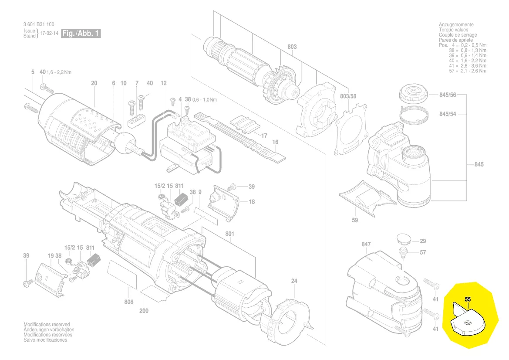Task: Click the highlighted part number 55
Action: tap(468, 299)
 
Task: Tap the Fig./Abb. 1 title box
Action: tap(81, 34)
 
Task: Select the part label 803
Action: tap(292, 47)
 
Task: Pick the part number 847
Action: tap(366, 244)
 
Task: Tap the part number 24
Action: tap(294, 281)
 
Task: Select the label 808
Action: tap(128, 302)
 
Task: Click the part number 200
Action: tap(144, 311)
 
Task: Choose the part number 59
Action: tap(355, 220)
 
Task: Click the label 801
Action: tap(230, 234)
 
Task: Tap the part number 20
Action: tap(94, 83)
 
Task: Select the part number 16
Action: tap(275, 142)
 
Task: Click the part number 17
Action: tap(264, 136)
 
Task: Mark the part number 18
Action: tap(252, 202)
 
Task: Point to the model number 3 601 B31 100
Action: tap(39, 24)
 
